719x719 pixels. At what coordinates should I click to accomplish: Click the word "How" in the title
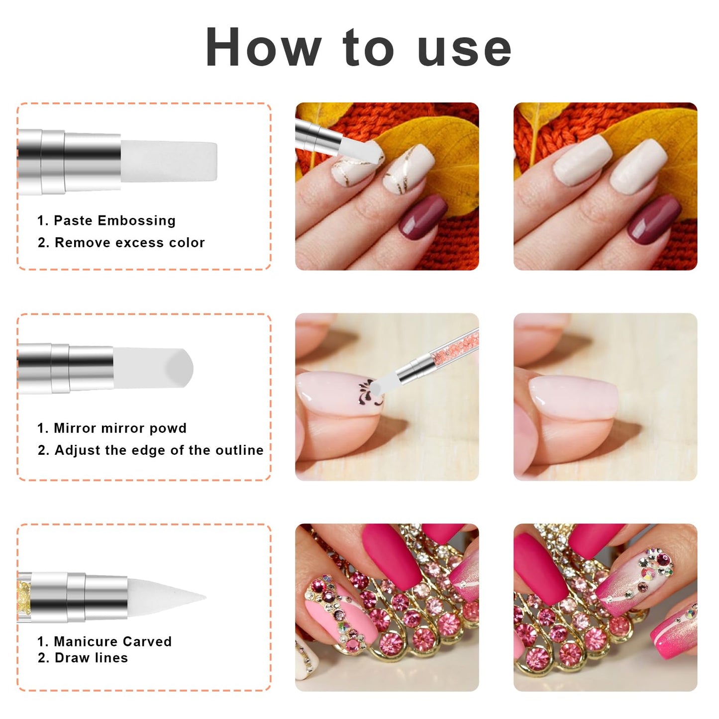263,47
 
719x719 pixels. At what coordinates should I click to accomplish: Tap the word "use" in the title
464,51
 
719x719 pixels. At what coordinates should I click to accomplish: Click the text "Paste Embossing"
114,220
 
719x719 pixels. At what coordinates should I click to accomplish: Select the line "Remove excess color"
130,242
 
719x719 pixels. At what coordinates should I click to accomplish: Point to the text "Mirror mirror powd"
120,428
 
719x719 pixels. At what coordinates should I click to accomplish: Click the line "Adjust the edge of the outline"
159,450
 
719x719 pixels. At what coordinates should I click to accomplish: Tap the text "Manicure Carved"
112,641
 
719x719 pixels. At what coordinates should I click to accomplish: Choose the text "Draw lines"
92,658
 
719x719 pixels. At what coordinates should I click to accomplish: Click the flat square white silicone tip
169,161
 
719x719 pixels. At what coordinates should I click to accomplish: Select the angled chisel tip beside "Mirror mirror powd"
153,368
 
